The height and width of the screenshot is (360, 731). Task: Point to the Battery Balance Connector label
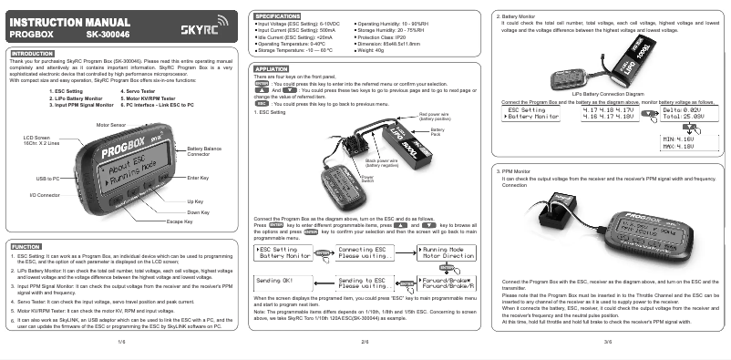click(x=205, y=150)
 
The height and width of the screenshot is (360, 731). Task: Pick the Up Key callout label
click(x=195, y=201)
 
